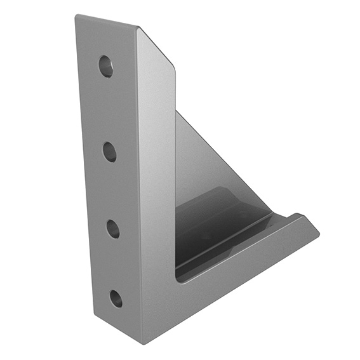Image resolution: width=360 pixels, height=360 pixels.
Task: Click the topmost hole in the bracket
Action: pos(105,66)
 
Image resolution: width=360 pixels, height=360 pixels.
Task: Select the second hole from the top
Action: pos(109,151)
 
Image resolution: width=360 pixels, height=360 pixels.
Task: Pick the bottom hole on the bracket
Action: pos(116,298)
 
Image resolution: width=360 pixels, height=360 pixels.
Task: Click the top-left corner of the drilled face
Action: pos(76,17)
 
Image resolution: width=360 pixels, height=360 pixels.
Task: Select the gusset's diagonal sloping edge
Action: pos(222,156)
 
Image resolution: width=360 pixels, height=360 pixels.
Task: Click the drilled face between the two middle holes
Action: pos(111,190)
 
